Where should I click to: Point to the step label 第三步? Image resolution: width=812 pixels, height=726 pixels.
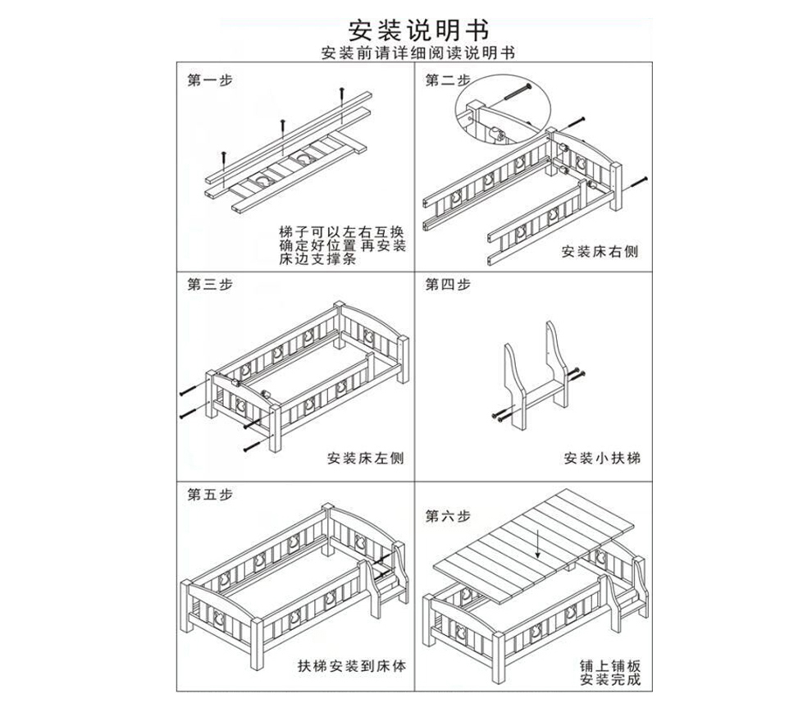tap(210, 285)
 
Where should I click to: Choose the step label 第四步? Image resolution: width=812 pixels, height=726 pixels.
tap(447, 285)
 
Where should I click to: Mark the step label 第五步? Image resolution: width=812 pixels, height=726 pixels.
tap(210, 494)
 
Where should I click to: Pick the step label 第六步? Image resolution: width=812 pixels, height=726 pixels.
tap(447, 516)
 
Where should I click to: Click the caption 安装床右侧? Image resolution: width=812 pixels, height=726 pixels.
tap(600, 252)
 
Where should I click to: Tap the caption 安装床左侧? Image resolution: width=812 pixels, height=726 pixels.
tap(364, 458)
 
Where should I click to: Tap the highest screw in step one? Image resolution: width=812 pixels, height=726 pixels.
tap(340, 93)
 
